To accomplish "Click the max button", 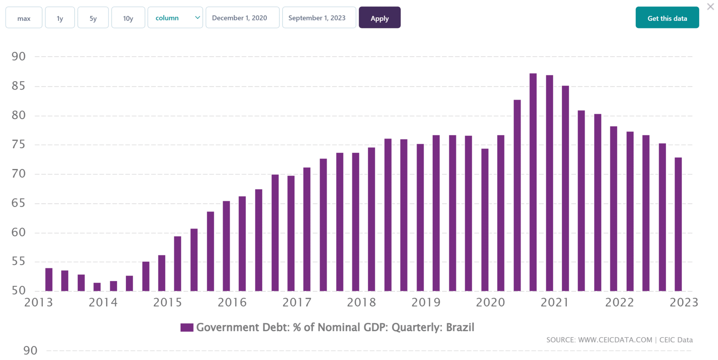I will coord(24,18).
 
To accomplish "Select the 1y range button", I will coord(60,18).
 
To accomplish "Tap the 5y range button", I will coord(93,18).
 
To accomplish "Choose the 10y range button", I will coord(128,18).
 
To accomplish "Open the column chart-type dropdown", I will coord(175,18).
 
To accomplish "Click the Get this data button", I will coord(667,18).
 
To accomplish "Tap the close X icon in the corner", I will coord(710,7).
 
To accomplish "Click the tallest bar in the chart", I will coord(533,182).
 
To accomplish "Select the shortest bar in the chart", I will coord(97,287).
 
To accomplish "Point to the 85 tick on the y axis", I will coord(19,86).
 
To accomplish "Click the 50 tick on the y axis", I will coord(19,290).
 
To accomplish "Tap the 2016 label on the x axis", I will coord(232,303).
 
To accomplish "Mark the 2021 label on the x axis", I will coord(555,303).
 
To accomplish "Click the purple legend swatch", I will coord(187,327).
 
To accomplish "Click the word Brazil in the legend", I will coord(460,327).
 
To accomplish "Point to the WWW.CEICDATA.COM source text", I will coord(615,340).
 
